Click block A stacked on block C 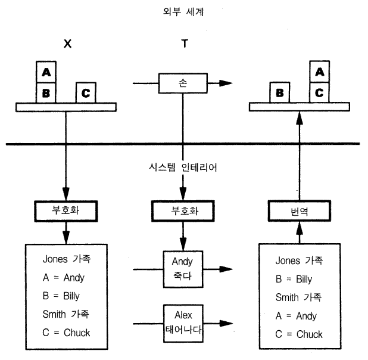(x=319, y=73)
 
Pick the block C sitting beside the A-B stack (x=86, y=92)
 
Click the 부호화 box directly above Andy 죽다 (x=183, y=211)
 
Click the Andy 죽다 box (x=183, y=267)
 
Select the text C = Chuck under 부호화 (x=67, y=332)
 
